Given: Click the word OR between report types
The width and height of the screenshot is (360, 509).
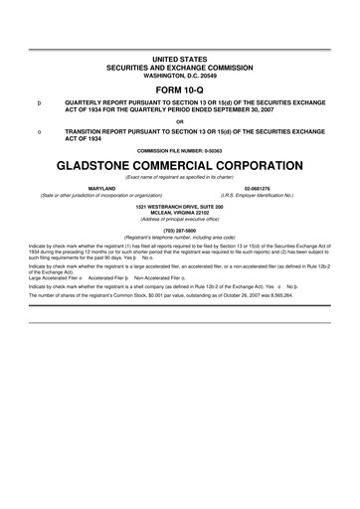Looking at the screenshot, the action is [x=180, y=121].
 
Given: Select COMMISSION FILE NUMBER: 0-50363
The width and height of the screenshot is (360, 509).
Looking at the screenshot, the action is [x=180, y=149].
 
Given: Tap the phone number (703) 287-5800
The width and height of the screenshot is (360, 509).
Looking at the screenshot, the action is [x=180, y=231].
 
